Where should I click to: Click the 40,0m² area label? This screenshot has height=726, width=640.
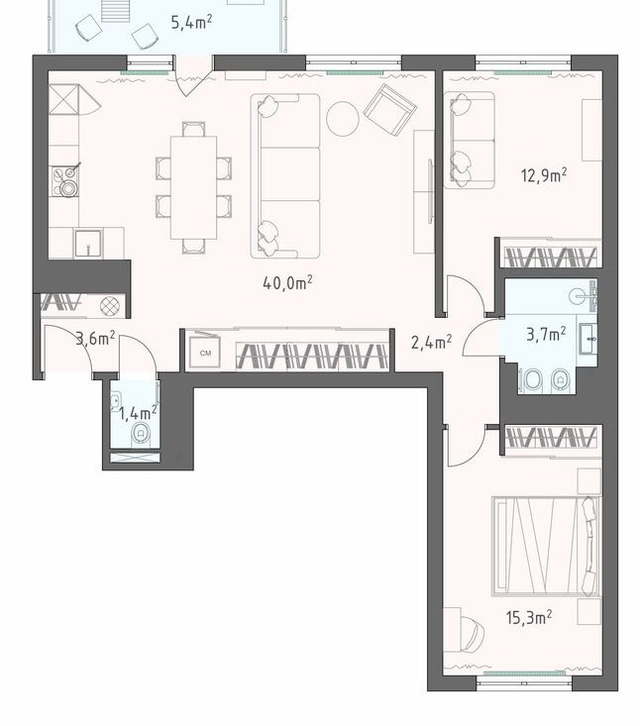tap(287, 282)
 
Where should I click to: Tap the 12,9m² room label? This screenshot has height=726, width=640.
tap(544, 175)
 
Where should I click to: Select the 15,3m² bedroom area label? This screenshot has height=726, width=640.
tap(529, 617)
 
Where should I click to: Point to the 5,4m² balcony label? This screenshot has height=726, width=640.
tap(192, 22)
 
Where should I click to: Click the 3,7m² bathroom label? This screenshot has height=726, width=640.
tap(546, 334)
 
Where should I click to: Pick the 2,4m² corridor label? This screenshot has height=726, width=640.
tap(432, 342)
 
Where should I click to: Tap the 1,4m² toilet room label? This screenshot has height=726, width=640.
tap(138, 413)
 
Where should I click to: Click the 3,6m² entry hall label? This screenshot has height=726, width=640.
tap(95, 339)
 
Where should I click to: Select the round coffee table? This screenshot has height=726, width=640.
tap(343, 119)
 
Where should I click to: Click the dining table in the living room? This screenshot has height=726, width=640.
tap(193, 187)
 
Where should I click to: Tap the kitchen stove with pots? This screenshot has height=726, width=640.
tap(65, 180)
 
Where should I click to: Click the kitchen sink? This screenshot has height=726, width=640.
tap(87, 243)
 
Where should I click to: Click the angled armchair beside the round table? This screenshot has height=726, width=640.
tap(390, 110)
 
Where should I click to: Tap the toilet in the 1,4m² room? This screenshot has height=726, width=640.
tap(140, 434)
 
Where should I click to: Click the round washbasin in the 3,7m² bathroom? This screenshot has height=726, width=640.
tap(578, 296)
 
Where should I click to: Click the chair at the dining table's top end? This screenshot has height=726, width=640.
tap(193, 129)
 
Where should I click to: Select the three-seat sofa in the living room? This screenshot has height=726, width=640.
tap(285, 176)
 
